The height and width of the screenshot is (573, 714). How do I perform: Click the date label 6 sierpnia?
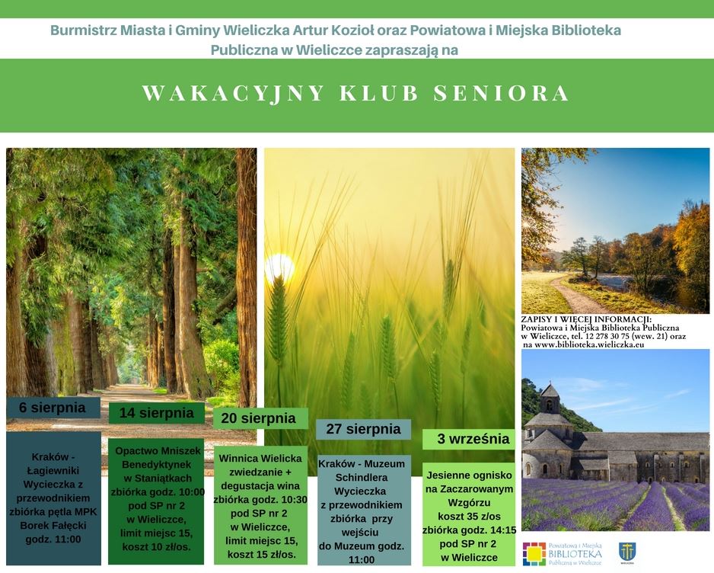53,407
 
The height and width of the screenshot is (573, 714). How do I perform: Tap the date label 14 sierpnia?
156,413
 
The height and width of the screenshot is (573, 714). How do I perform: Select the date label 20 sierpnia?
258,418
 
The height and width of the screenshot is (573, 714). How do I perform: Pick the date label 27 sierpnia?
363,429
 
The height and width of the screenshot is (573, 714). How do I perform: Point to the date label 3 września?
473,439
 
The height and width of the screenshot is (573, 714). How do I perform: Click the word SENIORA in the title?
502,93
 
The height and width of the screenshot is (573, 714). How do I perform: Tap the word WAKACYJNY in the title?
234,94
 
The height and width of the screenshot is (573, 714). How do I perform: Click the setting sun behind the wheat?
279,267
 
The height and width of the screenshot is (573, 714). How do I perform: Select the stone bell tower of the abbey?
550,399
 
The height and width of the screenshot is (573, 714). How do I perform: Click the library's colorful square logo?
534,553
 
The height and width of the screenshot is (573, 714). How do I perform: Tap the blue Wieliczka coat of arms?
627,552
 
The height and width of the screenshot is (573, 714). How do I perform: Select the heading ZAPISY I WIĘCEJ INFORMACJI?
586,319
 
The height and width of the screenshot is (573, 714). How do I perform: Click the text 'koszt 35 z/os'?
469,517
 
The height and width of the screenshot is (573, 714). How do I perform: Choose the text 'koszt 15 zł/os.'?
261,555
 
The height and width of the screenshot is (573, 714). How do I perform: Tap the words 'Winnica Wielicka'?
260,459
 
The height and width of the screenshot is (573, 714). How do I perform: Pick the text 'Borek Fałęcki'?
53,526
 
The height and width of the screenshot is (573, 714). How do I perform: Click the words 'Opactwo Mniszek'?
158,451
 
